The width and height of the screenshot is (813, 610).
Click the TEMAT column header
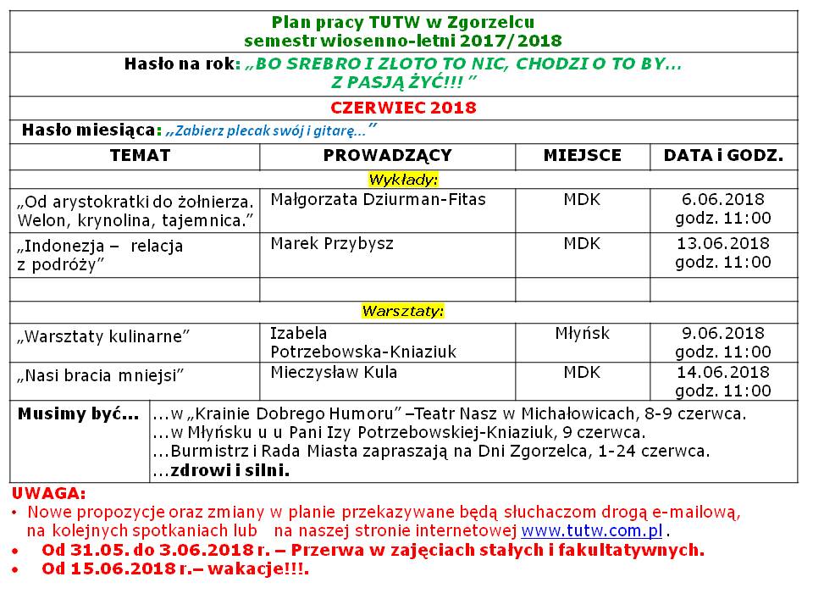pyautogui.click(x=140, y=156)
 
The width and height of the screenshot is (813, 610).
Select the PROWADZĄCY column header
pyautogui.click(x=387, y=156)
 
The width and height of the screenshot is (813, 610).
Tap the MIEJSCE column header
pyautogui.click(x=582, y=156)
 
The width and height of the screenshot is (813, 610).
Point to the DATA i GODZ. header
pyautogui.click(x=723, y=156)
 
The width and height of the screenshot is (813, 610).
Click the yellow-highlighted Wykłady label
pyautogui.click(x=403, y=180)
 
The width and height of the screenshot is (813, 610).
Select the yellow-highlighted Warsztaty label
pyautogui.click(x=403, y=311)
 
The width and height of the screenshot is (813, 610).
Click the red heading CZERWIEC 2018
pyautogui.click(x=403, y=108)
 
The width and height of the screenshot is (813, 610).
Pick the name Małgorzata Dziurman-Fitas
pyautogui.click(x=378, y=199)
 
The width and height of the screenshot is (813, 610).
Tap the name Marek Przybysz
pyautogui.click(x=332, y=244)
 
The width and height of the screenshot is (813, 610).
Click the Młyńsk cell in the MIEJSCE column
pyautogui.click(x=582, y=334)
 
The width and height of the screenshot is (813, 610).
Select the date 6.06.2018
pyautogui.click(x=723, y=200)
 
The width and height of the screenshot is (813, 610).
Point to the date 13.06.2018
pyautogui.click(x=723, y=244)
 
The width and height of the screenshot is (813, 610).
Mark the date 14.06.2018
pyautogui.click(x=723, y=372)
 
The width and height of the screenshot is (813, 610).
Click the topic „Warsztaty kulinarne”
pyautogui.click(x=103, y=336)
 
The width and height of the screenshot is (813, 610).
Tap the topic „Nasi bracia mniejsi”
pyautogui.click(x=100, y=374)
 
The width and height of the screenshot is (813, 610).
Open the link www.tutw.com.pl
pyautogui.click(x=591, y=531)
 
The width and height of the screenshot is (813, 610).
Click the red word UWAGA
pyautogui.click(x=48, y=493)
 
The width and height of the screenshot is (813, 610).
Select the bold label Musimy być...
pyautogui.click(x=79, y=415)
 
